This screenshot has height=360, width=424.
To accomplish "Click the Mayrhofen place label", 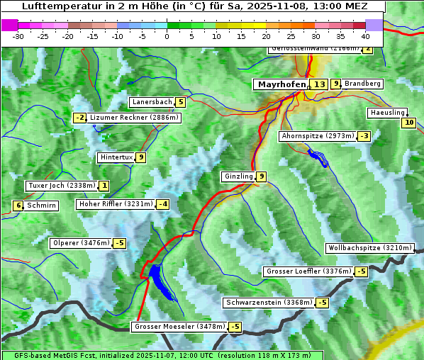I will point(281,84).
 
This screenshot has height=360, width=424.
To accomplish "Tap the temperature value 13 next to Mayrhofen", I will point(319,84).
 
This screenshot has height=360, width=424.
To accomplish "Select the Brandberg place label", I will point(362,84).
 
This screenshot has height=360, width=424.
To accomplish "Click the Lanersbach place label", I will point(152,102).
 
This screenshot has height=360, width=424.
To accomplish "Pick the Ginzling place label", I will point(238,176).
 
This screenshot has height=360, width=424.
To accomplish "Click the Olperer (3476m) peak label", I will point(82,243).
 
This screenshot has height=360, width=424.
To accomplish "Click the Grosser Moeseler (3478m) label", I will point(179,327).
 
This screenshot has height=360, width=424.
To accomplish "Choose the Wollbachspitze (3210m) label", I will point(369,248).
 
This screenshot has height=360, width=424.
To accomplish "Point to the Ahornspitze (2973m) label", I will point(318,135).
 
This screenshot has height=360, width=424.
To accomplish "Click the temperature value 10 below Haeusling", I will point(408,123).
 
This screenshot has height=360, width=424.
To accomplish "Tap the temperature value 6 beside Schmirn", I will point(18,206).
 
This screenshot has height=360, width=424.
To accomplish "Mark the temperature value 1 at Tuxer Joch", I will point(104,186).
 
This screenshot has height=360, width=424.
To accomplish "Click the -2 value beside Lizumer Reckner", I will point(80,118).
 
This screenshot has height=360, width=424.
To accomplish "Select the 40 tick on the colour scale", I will point(365,35).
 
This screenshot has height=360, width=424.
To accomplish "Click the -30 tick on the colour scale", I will point(18,35).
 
